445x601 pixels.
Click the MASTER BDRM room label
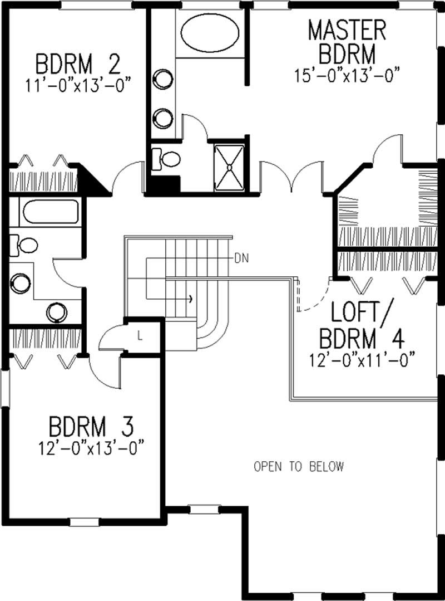point(347,42)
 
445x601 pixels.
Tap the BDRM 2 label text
point(78,65)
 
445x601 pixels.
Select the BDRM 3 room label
point(91,428)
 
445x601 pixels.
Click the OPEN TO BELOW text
point(299,467)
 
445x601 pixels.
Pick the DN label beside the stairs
point(241,258)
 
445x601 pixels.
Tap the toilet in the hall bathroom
point(23,244)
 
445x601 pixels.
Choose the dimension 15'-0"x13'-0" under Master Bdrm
point(348,75)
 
